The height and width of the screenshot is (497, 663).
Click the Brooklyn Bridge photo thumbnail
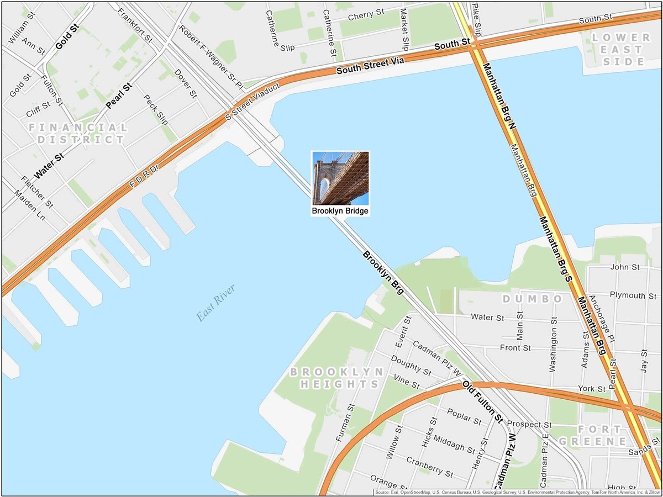point(340,178)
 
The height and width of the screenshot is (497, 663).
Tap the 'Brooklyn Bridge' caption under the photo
point(340,211)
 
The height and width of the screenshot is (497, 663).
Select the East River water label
point(216,303)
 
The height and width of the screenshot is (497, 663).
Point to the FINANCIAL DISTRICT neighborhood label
point(78,133)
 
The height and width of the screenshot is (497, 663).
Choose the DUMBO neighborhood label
point(532,299)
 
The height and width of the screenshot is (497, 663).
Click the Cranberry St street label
point(429,467)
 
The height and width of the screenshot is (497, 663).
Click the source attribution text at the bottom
point(516,491)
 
